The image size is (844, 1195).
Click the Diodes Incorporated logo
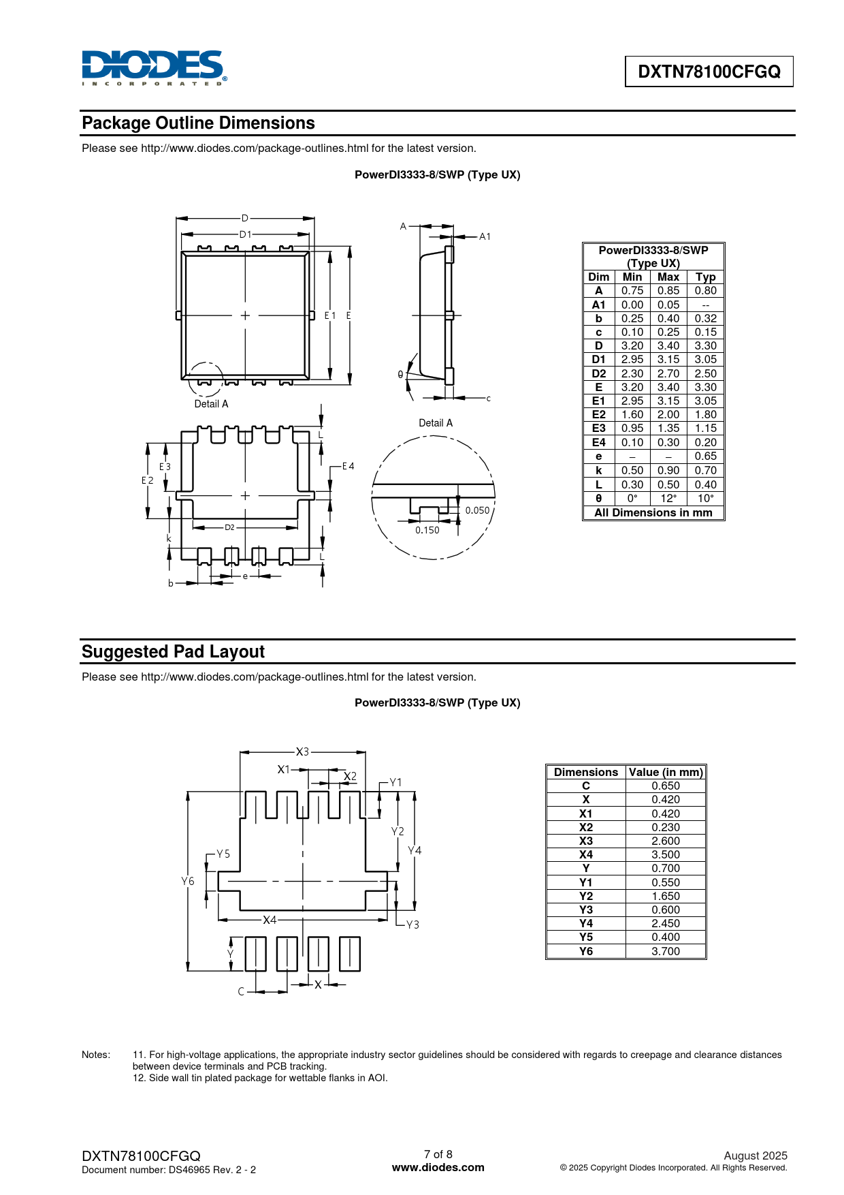click(154, 67)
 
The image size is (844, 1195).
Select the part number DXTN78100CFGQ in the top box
click(709, 72)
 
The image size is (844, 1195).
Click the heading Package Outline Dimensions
click(198, 123)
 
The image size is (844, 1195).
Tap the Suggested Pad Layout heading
click(173, 652)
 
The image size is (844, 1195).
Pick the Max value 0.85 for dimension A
click(668, 291)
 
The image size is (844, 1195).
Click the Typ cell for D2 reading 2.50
click(705, 373)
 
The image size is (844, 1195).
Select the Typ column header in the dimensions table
click(705, 277)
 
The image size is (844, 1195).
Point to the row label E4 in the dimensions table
click(598, 442)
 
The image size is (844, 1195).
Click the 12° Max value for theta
click(668, 498)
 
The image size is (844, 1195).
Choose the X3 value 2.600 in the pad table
click(665, 841)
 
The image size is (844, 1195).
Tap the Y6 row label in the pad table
click(585, 951)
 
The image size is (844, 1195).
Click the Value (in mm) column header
click(665, 772)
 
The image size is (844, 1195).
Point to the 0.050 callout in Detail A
click(477, 510)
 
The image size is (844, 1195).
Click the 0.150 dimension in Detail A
click(427, 530)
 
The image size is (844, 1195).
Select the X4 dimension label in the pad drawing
click(270, 920)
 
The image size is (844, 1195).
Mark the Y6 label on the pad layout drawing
click(188, 881)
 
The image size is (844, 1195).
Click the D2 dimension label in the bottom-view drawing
click(229, 527)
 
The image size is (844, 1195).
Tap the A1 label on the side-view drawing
click(485, 236)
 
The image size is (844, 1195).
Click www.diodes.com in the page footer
click(438, 1167)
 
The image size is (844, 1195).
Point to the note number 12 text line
click(260, 1078)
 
